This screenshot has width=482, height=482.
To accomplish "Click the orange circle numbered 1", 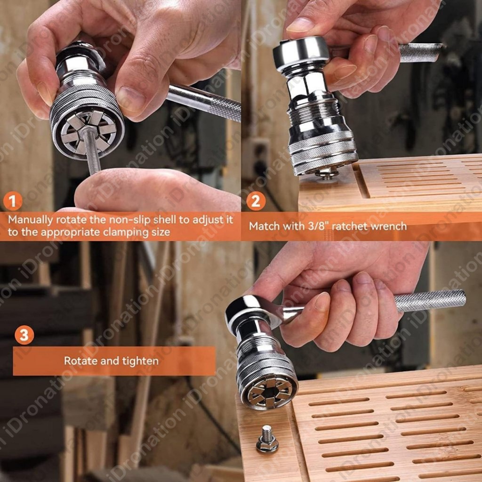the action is [13, 201].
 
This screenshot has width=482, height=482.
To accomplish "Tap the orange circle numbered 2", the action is [256, 201].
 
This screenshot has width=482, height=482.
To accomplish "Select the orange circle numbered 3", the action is [24, 335].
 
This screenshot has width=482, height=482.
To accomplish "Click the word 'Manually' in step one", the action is [31, 220].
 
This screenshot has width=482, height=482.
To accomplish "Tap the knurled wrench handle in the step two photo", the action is [420, 52].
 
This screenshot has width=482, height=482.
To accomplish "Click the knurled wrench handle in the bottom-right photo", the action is [430, 301].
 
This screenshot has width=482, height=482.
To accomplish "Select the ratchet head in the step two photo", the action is [302, 53].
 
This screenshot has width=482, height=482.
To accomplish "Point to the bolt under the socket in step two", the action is [327, 173].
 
